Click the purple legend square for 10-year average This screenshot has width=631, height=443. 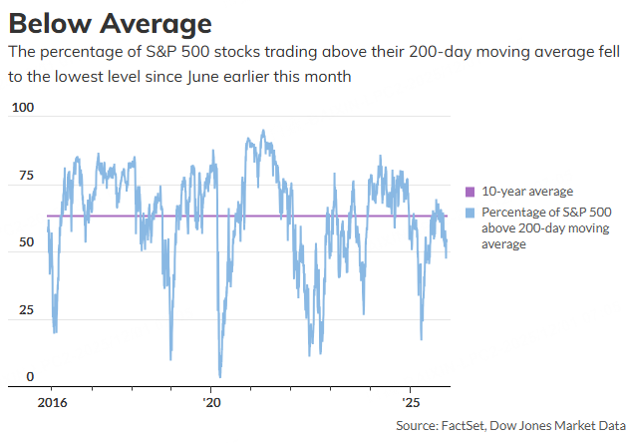click(471, 191)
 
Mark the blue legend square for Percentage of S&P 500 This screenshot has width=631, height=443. click(471, 213)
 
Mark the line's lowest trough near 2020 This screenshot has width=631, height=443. click(219, 377)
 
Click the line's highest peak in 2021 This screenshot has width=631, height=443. click(262, 130)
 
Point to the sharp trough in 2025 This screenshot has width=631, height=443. click(421, 339)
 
